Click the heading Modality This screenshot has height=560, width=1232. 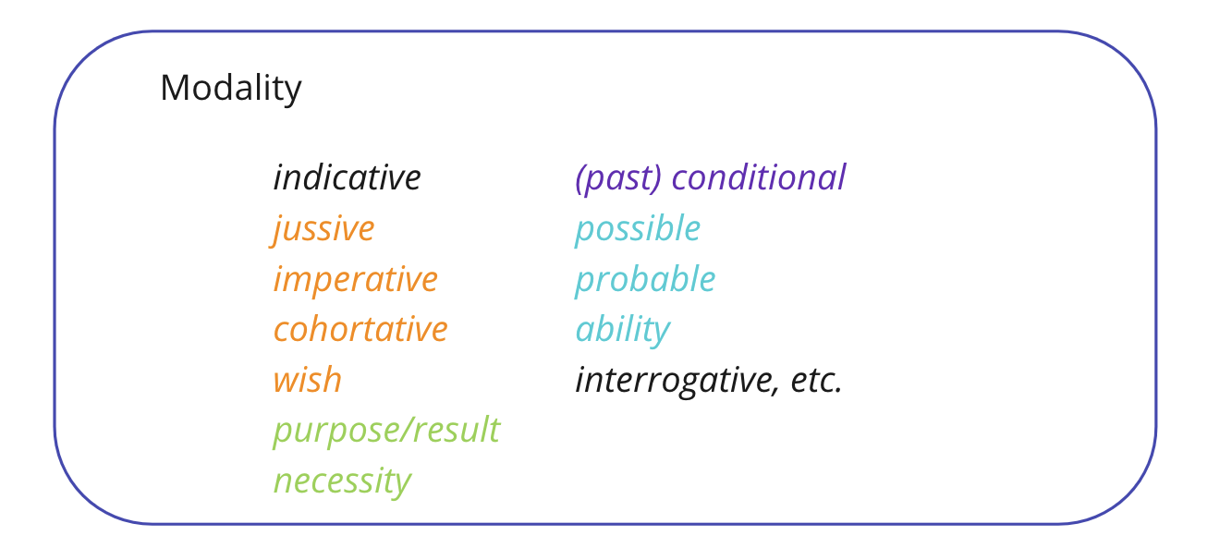pyautogui.click(x=230, y=89)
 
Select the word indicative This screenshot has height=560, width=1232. pyautogui.click(x=347, y=177)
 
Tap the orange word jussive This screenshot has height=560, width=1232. pyautogui.click(x=324, y=228)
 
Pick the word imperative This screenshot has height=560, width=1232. pyautogui.click(x=355, y=279)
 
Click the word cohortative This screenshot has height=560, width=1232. pyautogui.click(x=360, y=329)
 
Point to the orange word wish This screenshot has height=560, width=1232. pyautogui.click(x=307, y=380)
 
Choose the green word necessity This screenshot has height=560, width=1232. pyautogui.click(x=341, y=481)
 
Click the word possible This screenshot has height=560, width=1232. pyautogui.click(x=637, y=228)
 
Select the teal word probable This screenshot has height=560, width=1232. pyautogui.click(x=644, y=279)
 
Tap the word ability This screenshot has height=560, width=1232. pyautogui.click(x=622, y=330)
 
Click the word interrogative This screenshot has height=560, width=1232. pyautogui.click(x=674, y=380)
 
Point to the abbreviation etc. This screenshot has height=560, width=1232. pyautogui.click(x=816, y=380)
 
